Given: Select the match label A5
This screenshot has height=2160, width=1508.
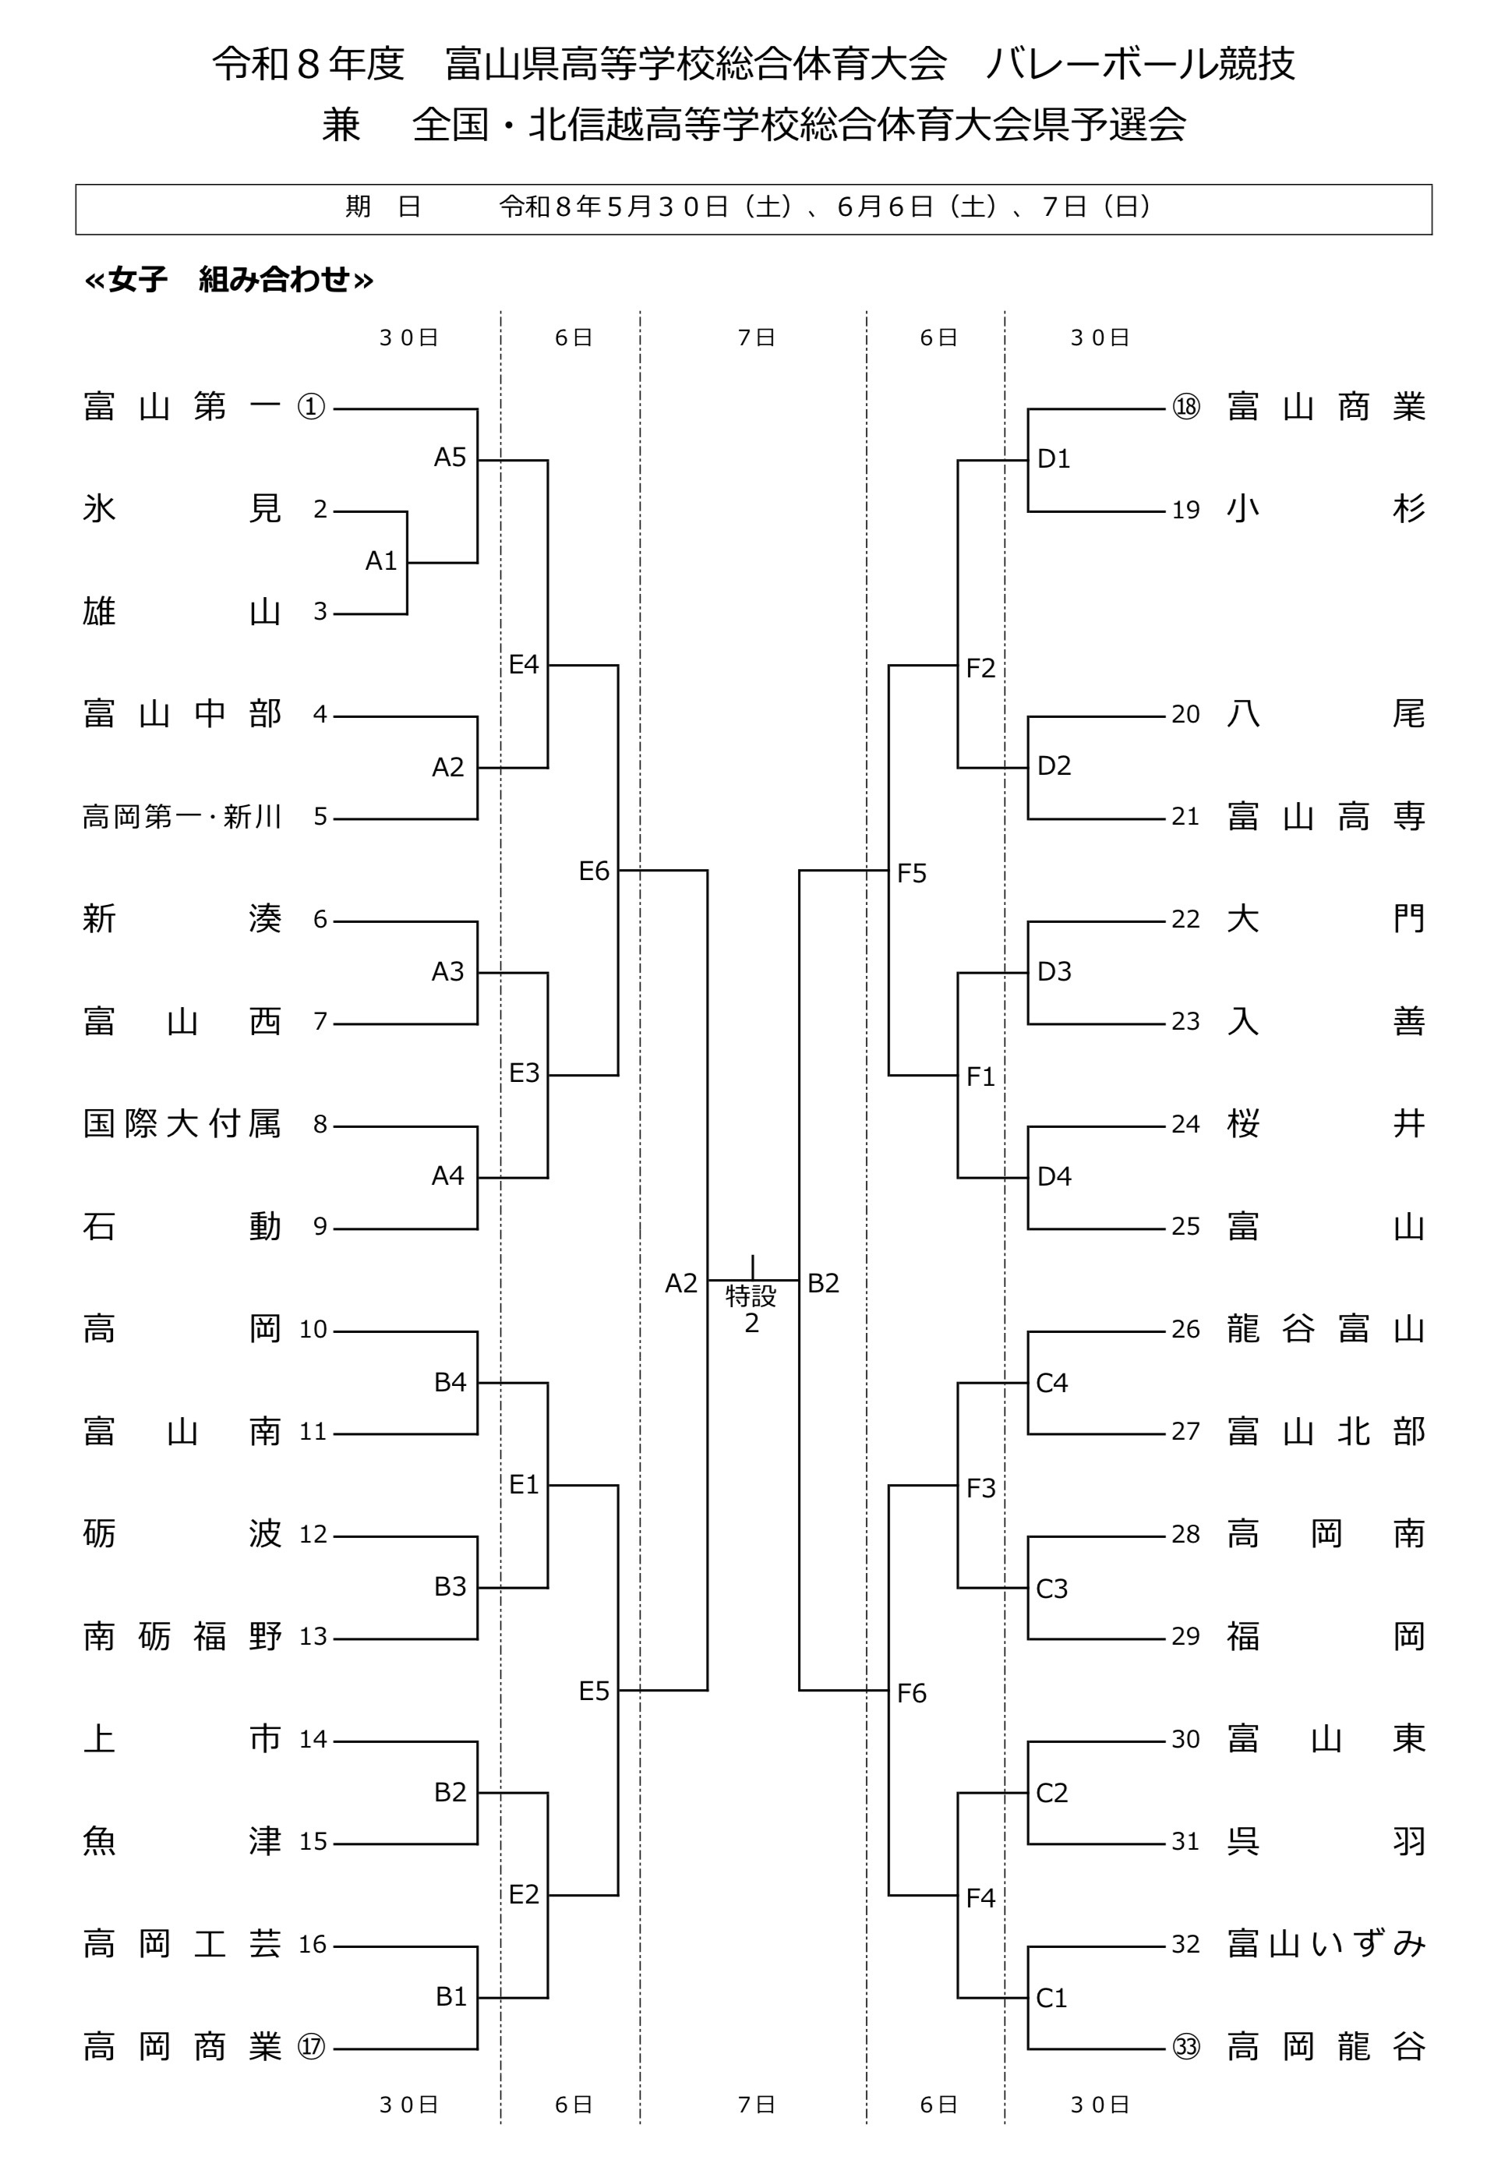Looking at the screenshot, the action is pyautogui.click(x=450, y=458).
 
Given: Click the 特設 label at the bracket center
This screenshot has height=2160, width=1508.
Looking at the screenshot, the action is pyautogui.click(x=750, y=1296).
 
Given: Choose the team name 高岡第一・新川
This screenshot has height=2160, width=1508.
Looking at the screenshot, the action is pyautogui.click(x=182, y=817).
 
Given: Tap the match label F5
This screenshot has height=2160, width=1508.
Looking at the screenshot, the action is pyautogui.click(x=912, y=873).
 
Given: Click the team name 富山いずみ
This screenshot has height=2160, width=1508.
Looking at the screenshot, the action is pyautogui.click(x=1326, y=1943).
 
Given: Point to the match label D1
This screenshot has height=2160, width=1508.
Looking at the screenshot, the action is pyautogui.click(x=1054, y=458).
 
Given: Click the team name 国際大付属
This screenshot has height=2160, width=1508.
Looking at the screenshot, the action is pyautogui.click(x=182, y=1123).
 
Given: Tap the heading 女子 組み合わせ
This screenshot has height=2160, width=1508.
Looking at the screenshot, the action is pyautogui.click(x=230, y=279).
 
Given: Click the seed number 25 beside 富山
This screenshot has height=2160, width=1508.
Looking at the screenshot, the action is pyautogui.click(x=1185, y=1227).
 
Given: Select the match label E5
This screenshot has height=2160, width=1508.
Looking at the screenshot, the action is pyautogui.click(x=594, y=1692).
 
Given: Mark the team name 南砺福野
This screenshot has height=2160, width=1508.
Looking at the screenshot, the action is pyautogui.click(x=182, y=1637).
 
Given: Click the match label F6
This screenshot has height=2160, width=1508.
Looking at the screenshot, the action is pyautogui.click(x=912, y=1693).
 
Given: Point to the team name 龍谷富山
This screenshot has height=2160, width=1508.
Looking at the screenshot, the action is pyautogui.click(x=1326, y=1329).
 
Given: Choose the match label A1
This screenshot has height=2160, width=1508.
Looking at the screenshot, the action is pyautogui.click(x=381, y=560).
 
